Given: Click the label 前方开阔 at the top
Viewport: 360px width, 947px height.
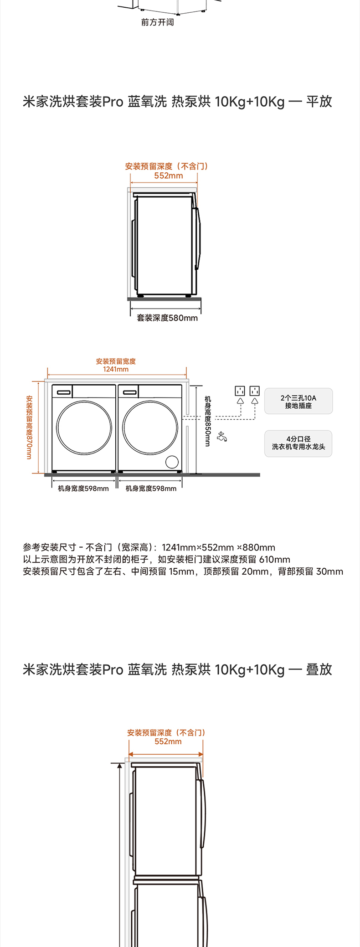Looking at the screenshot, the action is (x=157, y=22).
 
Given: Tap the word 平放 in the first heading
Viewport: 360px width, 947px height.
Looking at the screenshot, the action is (x=319, y=102).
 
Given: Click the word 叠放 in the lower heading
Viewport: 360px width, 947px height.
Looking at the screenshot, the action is (x=319, y=669).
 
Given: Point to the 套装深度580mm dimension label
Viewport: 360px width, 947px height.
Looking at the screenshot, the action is (x=167, y=318).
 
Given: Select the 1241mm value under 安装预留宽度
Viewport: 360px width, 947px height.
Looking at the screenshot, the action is (x=116, y=369).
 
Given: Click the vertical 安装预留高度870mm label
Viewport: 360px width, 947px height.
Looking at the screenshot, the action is (x=29, y=427).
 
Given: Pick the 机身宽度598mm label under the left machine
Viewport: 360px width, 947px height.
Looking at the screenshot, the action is (x=83, y=489).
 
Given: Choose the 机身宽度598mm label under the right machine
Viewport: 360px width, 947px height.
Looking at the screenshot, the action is (x=151, y=489).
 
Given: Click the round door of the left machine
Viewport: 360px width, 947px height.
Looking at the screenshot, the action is (x=84, y=427).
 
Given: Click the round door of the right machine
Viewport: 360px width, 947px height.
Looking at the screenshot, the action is (x=150, y=427).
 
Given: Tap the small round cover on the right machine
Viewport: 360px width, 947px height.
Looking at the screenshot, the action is (x=172, y=462).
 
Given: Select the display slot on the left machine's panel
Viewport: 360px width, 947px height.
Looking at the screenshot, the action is (x=64, y=392).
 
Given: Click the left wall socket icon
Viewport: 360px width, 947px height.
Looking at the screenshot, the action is (x=240, y=391).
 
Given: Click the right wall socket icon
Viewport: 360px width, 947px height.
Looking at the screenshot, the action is (x=255, y=391).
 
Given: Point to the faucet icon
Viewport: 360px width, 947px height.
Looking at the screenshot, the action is (x=222, y=437).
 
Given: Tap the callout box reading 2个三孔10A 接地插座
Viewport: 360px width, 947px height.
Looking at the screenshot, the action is (x=298, y=401).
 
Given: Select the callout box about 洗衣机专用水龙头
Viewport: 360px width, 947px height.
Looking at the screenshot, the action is (x=298, y=443).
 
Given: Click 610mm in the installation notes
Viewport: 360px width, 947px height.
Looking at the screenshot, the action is (x=274, y=560).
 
